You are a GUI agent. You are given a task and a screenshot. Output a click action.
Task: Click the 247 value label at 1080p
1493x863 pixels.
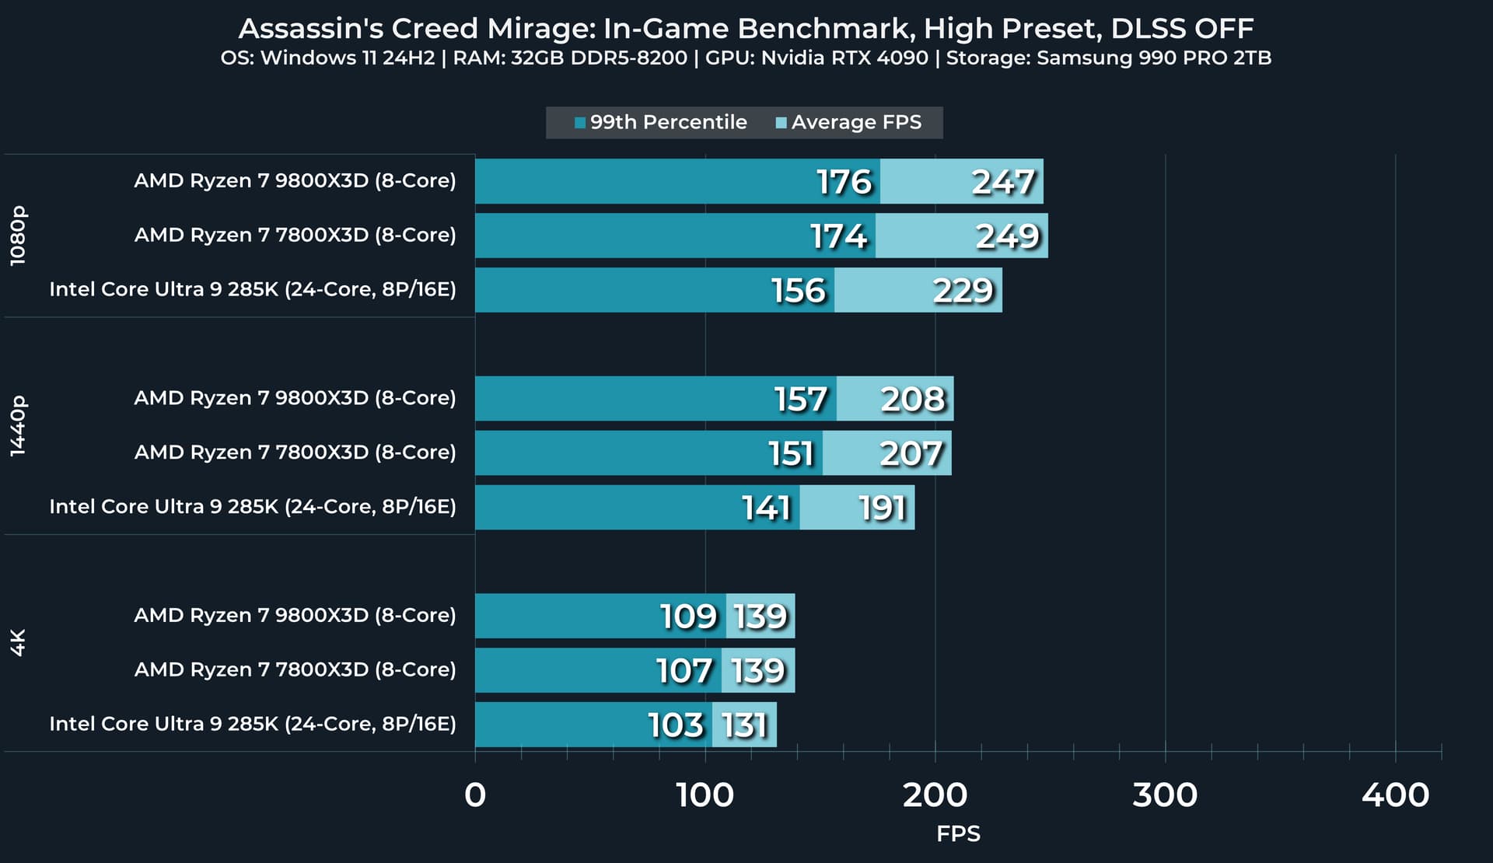pyautogui.click(x=1003, y=182)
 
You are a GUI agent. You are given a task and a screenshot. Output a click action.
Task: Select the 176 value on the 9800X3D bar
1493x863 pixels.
pyautogui.click(x=844, y=182)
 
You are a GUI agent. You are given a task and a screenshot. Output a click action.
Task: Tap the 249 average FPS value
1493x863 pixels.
pyautogui.click(x=1007, y=236)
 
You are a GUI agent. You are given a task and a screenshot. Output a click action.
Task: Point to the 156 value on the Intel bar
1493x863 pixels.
pyautogui.click(x=799, y=291)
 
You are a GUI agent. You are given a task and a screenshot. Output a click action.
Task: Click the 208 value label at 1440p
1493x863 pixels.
pyautogui.click(x=913, y=400)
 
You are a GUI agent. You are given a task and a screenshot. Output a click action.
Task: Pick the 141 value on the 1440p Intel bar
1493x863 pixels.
pyautogui.click(x=766, y=508)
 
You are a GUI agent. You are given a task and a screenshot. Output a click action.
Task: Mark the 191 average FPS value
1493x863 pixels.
pyautogui.click(x=883, y=508)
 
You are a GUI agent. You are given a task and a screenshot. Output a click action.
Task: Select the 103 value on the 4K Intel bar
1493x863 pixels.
pyautogui.click(x=676, y=725)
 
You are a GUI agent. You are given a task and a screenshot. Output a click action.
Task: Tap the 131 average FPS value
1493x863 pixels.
pyautogui.click(x=744, y=725)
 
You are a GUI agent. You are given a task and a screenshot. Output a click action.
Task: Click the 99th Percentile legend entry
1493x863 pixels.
pyautogui.click(x=661, y=123)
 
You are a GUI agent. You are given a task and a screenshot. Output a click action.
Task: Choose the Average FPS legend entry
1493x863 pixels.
pyautogui.click(x=849, y=123)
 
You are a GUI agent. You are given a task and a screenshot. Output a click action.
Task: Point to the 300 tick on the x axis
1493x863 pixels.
pyautogui.click(x=1165, y=795)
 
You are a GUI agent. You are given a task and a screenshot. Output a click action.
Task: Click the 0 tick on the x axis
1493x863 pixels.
pyautogui.click(x=475, y=795)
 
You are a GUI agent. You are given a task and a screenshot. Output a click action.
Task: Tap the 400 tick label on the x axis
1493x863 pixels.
pyautogui.click(x=1395, y=795)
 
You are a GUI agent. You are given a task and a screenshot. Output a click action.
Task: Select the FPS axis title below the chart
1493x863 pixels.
pyautogui.click(x=958, y=834)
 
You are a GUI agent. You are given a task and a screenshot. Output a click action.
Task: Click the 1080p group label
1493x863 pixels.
pyautogui.click(x=18, y=236)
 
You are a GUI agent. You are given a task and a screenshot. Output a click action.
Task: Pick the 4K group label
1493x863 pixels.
pyautogui.click(x=18, y=643)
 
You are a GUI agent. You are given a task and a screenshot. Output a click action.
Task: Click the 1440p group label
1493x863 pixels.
pyautogui.click(x=18, y=426)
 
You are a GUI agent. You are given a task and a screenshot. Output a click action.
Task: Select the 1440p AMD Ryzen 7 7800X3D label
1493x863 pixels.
pyautogui.click(x=295, y=452)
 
